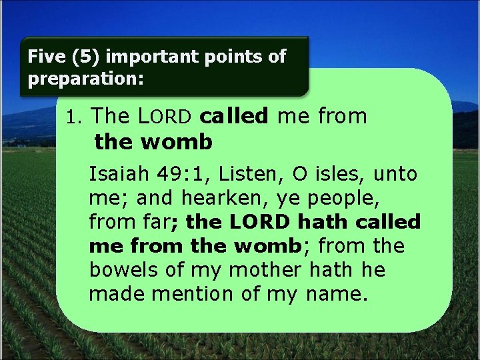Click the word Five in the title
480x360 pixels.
[x=44, y=57]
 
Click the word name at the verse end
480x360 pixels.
[x=338, y=293]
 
